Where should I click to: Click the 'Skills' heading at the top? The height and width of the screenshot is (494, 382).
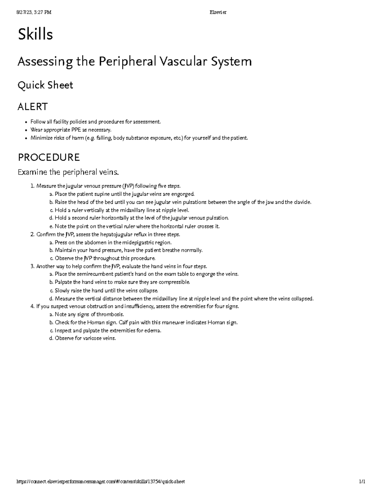[35, 34]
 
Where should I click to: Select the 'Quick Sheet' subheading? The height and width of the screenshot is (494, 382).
[45, 85]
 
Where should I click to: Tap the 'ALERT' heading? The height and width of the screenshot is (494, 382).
[32, 107]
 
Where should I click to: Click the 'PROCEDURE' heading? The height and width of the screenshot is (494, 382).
[49, 157]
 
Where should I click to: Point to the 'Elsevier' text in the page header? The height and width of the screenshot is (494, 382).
[218, 12]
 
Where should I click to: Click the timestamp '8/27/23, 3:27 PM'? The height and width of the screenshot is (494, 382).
[34, 12]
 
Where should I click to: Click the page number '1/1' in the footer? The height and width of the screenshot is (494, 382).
[362, 482]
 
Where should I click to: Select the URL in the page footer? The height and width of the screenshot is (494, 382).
[101, 482]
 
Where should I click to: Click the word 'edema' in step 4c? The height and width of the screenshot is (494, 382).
[153, 330]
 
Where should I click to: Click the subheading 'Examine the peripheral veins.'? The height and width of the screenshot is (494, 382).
[68, 172]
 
